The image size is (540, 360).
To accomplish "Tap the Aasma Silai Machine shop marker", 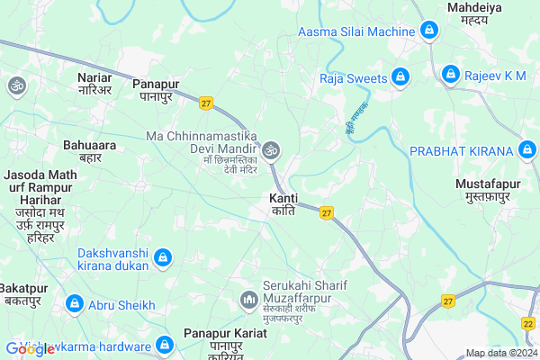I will (429, 32).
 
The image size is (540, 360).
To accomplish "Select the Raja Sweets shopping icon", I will (401, 77).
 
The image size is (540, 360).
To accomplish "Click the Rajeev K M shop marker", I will (450, 75).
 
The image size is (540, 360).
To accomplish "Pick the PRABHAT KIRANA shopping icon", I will (528, 149).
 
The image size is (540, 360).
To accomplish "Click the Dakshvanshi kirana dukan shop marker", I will (163, 260).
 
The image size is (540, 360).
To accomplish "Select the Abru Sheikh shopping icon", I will (76, 304).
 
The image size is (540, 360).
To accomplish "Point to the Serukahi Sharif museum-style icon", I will (247, 298).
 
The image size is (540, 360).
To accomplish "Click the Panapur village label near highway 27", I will (157, 89).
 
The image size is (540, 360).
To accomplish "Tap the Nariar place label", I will (94, 84).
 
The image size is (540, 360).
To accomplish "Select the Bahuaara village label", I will (89, 149).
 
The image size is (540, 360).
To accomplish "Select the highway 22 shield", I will (528, 324).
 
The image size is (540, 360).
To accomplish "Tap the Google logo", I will (30, 349).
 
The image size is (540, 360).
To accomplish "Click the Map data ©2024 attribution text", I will (500, 353).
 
